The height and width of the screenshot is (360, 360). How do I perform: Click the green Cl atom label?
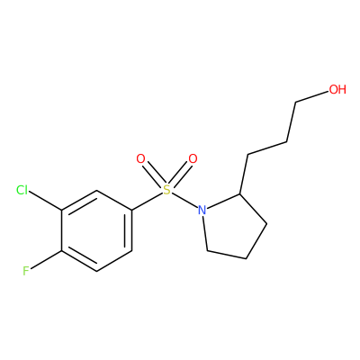pos(22,190)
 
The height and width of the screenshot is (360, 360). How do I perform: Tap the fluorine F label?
pos(26,271)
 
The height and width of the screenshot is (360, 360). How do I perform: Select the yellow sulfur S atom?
pos(166,190)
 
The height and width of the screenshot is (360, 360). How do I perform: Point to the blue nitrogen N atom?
pos(202,210)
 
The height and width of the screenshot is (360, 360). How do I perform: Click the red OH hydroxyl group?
pos(337,89)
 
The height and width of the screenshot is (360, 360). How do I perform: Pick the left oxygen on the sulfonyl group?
pos(140,158)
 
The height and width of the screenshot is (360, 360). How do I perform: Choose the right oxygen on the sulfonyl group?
pos(193,158)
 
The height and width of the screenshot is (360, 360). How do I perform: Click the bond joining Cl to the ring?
pos(45,202)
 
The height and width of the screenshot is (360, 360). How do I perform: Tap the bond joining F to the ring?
pos(46,259)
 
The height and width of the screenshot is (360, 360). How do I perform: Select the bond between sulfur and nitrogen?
pos(185,200)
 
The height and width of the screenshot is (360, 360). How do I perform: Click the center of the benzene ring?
pos(96,230)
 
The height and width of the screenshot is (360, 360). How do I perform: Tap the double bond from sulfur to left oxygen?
pos(153,174)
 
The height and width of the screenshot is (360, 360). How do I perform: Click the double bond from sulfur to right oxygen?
pos(181,174)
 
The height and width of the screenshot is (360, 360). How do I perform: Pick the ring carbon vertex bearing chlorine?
pos(62,211)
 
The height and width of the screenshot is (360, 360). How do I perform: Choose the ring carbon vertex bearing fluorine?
pos(62,250)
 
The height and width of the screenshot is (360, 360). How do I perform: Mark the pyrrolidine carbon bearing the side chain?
pos(240,194)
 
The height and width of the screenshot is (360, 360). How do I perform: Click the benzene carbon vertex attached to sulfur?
pos(131,210)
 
